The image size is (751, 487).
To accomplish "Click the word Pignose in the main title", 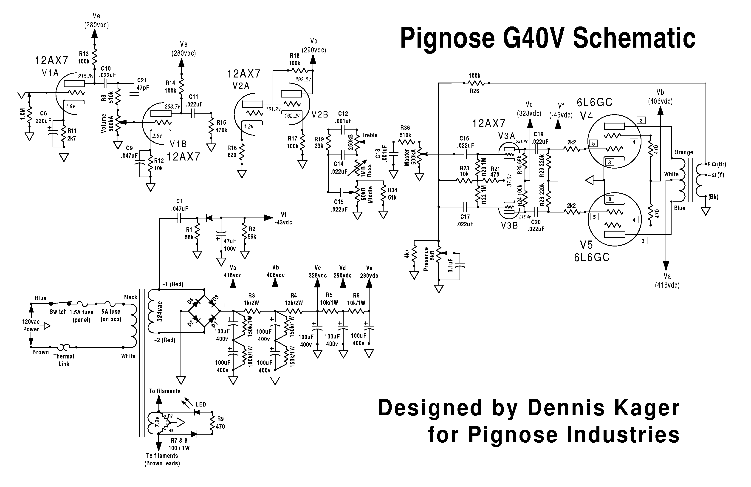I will tap(447, 39).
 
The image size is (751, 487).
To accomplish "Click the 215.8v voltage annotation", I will tap(86, 76).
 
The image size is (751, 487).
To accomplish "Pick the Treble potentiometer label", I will tap(370, 135).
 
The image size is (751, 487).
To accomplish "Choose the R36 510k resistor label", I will tap(405, 131).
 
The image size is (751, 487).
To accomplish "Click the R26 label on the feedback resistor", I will tap(474, 91).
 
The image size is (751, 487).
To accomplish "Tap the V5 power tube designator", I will tap(586, 245).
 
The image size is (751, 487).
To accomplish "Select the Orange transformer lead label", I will tap(683, 152).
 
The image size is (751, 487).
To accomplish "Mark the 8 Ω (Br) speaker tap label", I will tap(717, 164).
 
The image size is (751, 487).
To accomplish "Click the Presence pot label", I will tap(426, 259).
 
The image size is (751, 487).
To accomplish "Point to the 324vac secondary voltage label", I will tap(160, 311).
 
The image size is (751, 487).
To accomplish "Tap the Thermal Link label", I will tap(64, 360).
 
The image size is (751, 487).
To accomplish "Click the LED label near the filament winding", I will tap(201, 404).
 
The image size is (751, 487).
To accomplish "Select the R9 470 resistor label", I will tap(220, 423).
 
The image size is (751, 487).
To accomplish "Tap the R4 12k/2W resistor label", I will tap(294, 299).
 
